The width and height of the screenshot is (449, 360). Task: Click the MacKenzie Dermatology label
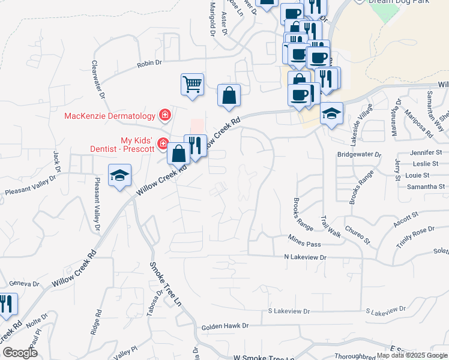pyautogui.click(x=109, y=115)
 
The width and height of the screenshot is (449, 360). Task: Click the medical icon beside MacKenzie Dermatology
pyautogui.click(x=163, y=115)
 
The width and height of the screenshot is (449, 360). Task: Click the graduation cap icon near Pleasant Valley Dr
pyautogui.click(x=119, y=176)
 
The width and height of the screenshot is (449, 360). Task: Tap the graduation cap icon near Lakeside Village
pyautogui.click(x=331, y=113)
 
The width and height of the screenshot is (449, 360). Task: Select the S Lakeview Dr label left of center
pyautogui.click(x=289, y=311)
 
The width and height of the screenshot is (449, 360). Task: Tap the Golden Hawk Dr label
pyautogui.click(x=224, y=326)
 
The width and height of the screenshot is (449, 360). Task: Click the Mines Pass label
pyautogui.click(x=306, y=244)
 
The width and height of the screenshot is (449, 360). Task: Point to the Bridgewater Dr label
pyautogui.click(x=360, y=154)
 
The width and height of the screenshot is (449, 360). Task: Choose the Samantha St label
pyautogui.click(x=425, y=187)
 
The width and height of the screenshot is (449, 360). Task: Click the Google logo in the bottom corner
pyautogui.click(x=20, y=353)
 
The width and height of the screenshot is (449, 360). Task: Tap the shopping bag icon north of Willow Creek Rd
pyautogui.click(x=229, y=95)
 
